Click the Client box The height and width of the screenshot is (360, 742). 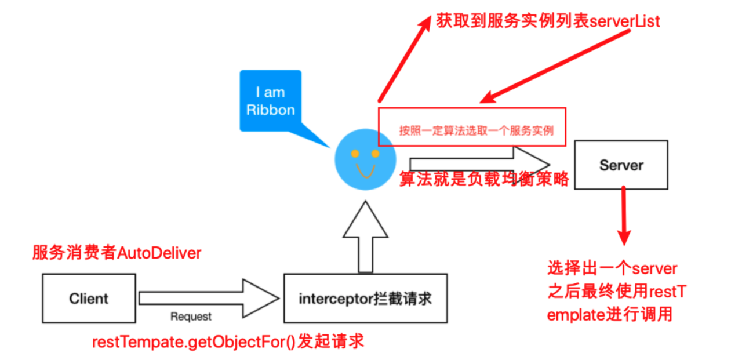tap(89, 298)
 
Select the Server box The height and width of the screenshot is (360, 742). tap(621, 165)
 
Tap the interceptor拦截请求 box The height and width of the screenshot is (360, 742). tap(365, 298)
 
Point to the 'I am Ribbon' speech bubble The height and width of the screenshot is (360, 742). tap(270, 101)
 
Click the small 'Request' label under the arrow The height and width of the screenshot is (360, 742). tap(191, 317)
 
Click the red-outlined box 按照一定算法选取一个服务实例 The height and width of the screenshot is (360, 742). tap(471, 126)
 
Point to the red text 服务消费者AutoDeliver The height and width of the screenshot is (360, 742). tap(117, 253)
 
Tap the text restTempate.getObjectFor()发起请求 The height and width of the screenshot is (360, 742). tap(228, 341)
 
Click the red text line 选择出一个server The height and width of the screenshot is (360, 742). tap(612, 268)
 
